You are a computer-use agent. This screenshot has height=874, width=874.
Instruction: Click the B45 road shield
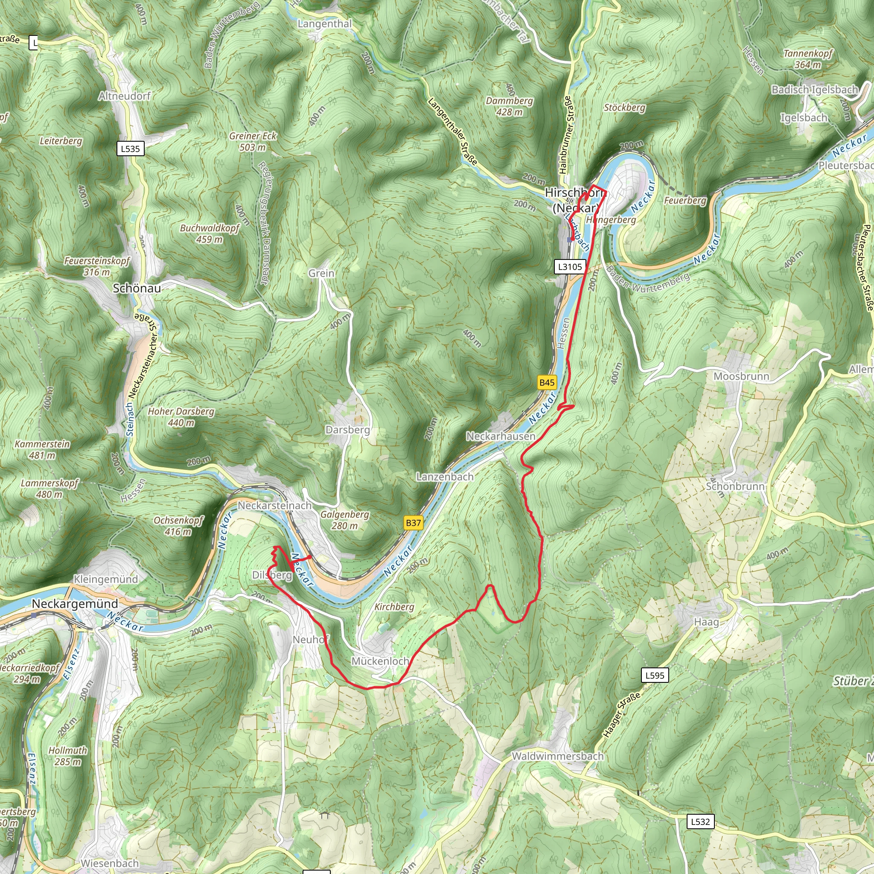[547, 383]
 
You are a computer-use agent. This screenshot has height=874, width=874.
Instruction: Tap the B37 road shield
[413, 523]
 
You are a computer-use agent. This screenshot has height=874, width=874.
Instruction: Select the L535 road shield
[130, 149]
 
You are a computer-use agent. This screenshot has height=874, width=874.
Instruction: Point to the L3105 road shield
[570, 266]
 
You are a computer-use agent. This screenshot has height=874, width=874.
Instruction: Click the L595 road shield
[655, 676]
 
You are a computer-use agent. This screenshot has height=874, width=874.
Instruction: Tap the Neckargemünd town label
[75, 604]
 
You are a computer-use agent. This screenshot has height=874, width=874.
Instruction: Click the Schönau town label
[137, 288]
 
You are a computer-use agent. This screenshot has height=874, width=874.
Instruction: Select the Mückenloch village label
[380, 661]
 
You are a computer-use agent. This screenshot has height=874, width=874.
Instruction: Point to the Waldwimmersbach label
[557, 756]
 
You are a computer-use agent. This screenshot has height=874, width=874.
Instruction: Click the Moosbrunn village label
[741, 376]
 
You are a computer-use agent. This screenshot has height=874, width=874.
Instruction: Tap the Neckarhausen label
[501, 437]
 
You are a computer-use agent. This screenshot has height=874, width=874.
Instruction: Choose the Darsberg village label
[347, 430]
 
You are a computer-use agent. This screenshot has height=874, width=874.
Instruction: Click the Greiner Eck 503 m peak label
[253, 142]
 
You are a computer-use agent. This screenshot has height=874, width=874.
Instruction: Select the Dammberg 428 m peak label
[510, 106]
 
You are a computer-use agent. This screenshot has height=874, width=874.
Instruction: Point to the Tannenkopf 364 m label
[807, 59]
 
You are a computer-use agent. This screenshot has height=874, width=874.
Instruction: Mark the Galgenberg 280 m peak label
[345, 520]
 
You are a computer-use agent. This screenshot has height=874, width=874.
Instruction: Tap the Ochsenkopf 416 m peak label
[179, 526]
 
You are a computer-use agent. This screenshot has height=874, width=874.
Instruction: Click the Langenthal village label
[324, 24]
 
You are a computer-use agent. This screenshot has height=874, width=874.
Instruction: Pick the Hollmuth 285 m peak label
[68, 756]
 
